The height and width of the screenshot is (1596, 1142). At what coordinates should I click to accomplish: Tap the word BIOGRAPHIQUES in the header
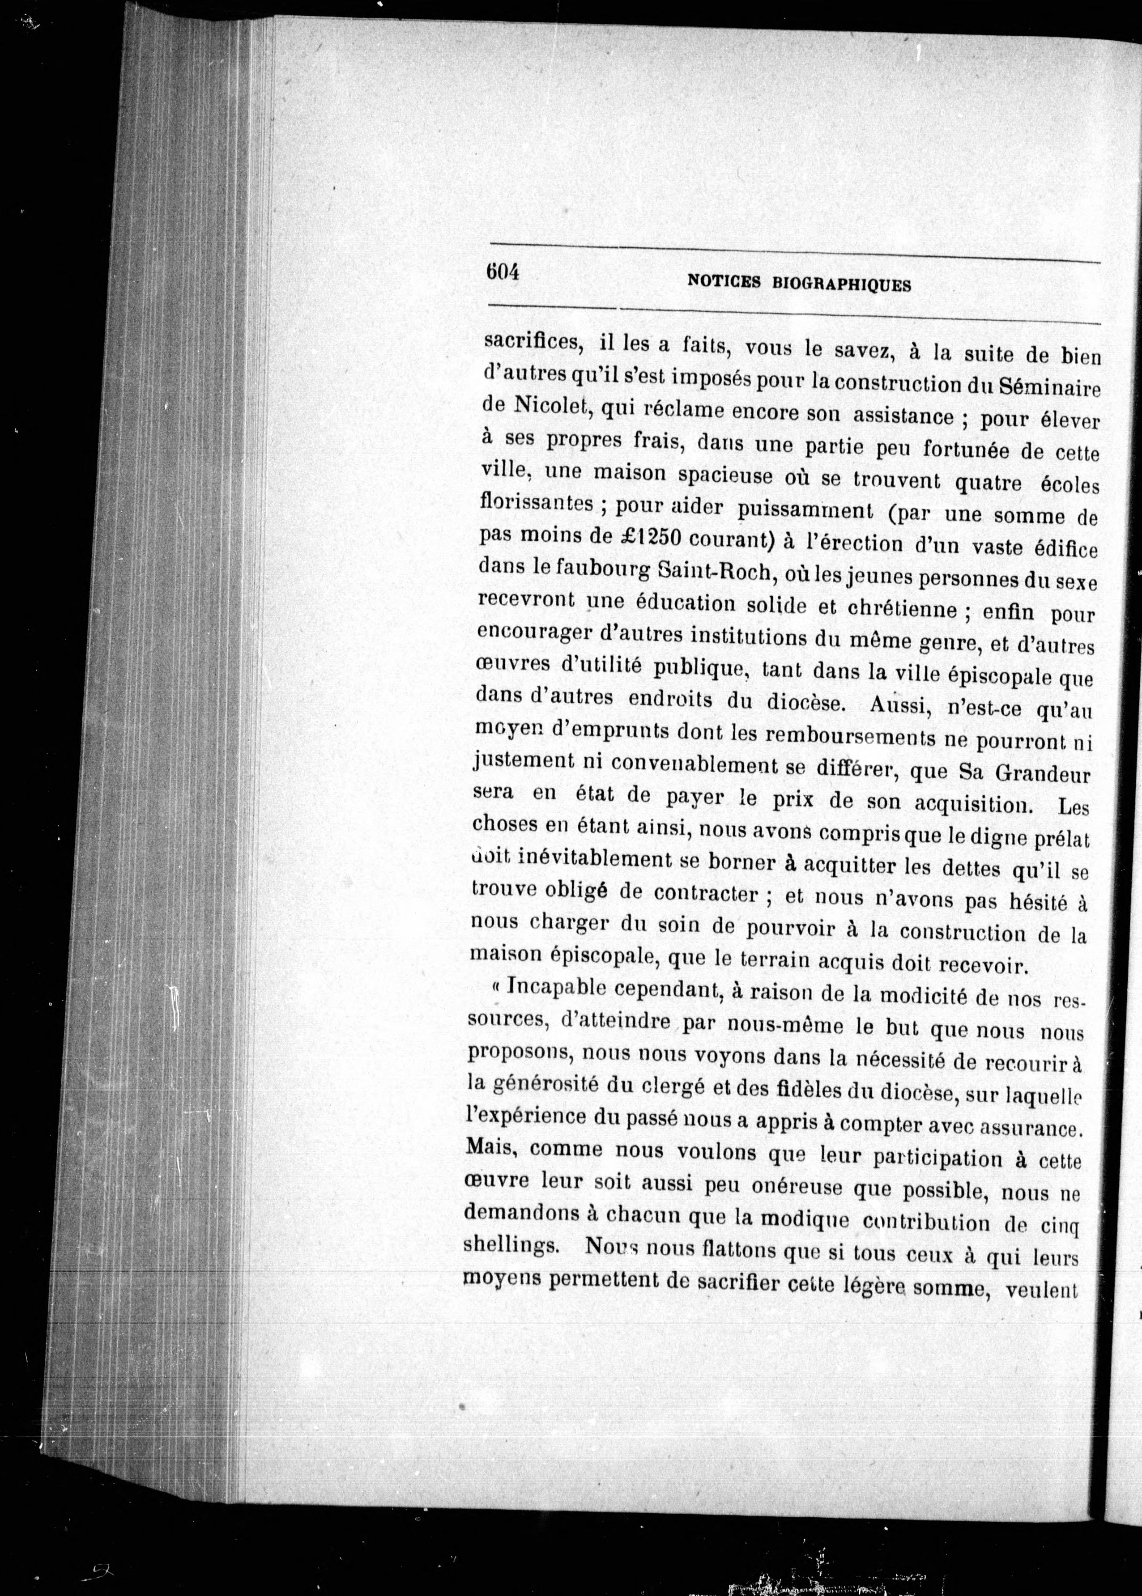(843, 284)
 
